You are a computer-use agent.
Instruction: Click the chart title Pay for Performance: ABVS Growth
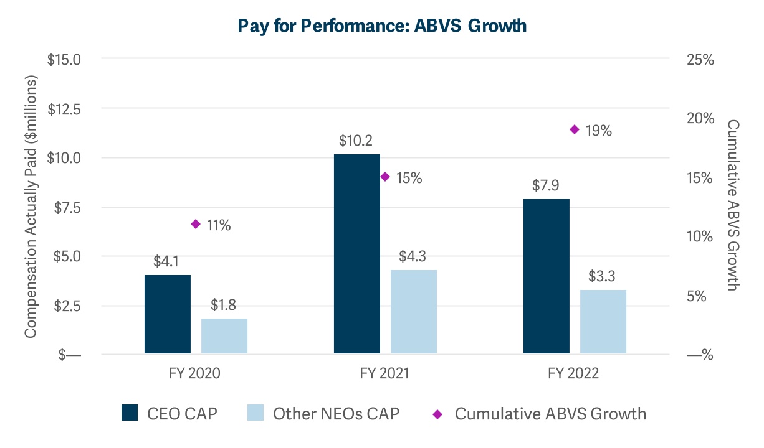pos(382,26)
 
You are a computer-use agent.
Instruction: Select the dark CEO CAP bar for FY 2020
pos(167,314)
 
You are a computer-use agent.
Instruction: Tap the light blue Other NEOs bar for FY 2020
pos(224,336)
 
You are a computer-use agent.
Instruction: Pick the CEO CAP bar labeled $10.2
pos(356,254)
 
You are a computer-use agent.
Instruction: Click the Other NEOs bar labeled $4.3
pos(414,312)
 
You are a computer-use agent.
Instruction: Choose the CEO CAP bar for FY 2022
pos(547,276)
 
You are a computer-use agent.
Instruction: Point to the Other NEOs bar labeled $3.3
pos(603,322)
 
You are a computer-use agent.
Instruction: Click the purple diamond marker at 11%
pos(195,224)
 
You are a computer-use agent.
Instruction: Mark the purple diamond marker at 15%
pos(385,177)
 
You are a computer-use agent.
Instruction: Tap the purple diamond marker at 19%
pos(575,129)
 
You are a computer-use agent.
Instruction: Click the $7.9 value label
pos(547,185)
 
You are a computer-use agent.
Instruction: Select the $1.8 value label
pos(224,305)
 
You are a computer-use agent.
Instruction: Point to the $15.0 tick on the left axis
pos(64,60)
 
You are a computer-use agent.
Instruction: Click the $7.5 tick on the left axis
pos(68,207)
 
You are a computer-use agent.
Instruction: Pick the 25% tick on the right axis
pos(699,60)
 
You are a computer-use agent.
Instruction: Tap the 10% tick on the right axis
pos(699,237)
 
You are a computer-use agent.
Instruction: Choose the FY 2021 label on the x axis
pos(384,373)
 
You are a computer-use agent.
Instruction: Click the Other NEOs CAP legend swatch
pos(255,413)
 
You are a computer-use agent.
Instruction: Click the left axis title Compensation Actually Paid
pos(31,207)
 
